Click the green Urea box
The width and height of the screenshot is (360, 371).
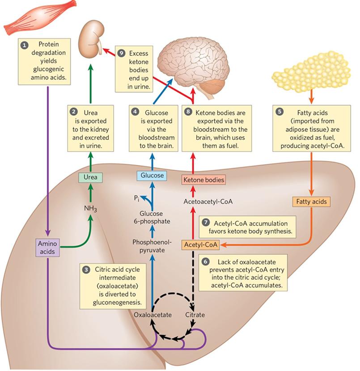point(90,177)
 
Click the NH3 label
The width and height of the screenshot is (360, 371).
point(90,208)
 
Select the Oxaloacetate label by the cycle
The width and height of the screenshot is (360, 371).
point(152,315)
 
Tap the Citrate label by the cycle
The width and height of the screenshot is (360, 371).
point(195,315)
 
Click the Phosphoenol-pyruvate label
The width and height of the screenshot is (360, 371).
point(149,246)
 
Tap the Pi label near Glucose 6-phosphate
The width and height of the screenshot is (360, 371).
point(137,197)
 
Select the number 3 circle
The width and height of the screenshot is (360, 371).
point(86,270)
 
